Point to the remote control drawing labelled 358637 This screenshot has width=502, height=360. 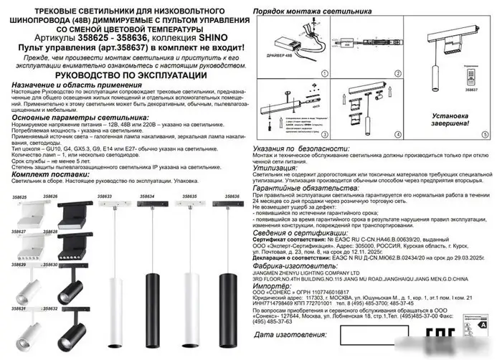[471, 77]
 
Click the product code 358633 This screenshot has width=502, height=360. [104, 195]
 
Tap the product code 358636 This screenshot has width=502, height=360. [230, 195]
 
